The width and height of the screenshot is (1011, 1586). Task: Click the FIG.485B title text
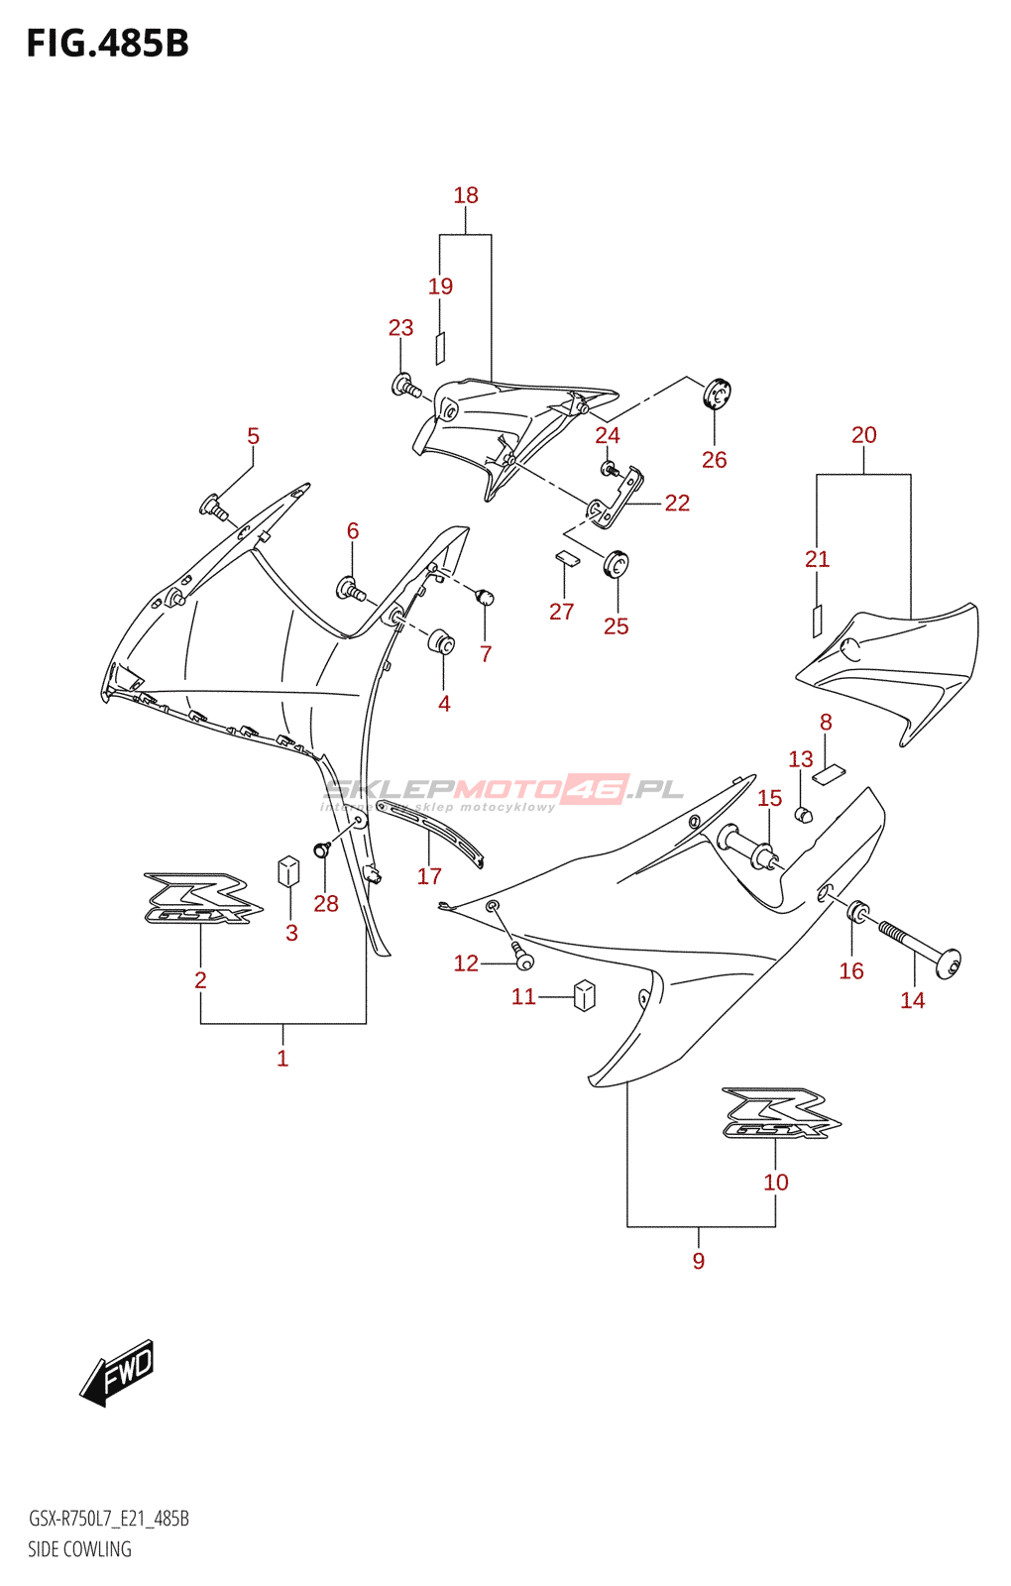tap(107, 44)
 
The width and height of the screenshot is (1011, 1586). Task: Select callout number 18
tap(466, 195)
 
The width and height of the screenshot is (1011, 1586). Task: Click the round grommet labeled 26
tap(716, 395)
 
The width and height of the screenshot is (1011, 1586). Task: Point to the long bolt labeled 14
tap(917, 946)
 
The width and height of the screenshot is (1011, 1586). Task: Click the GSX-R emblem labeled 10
tap(781, 1114)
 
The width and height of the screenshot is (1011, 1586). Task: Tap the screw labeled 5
tap(214, 508)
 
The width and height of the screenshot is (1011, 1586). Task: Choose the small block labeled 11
tap(585, 994)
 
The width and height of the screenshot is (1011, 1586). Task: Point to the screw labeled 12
tap(522, 956)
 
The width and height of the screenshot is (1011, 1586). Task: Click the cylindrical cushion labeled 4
tap(442, 641)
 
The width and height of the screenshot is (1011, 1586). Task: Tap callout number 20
tap(863, 435)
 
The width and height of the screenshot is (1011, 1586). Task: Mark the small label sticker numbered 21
tap(818, 621)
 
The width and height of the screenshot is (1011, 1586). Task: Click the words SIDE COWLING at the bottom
tap(79, 1549)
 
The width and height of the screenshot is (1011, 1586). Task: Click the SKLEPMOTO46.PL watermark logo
tap(504, 790)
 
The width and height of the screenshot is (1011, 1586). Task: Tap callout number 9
tap(699, 1261)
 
